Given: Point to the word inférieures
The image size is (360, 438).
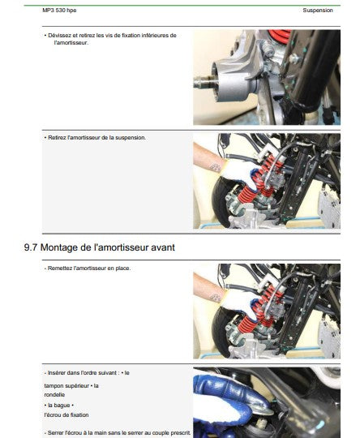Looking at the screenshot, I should pos(156,36).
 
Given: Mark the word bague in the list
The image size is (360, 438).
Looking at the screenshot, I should pos(62,405).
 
